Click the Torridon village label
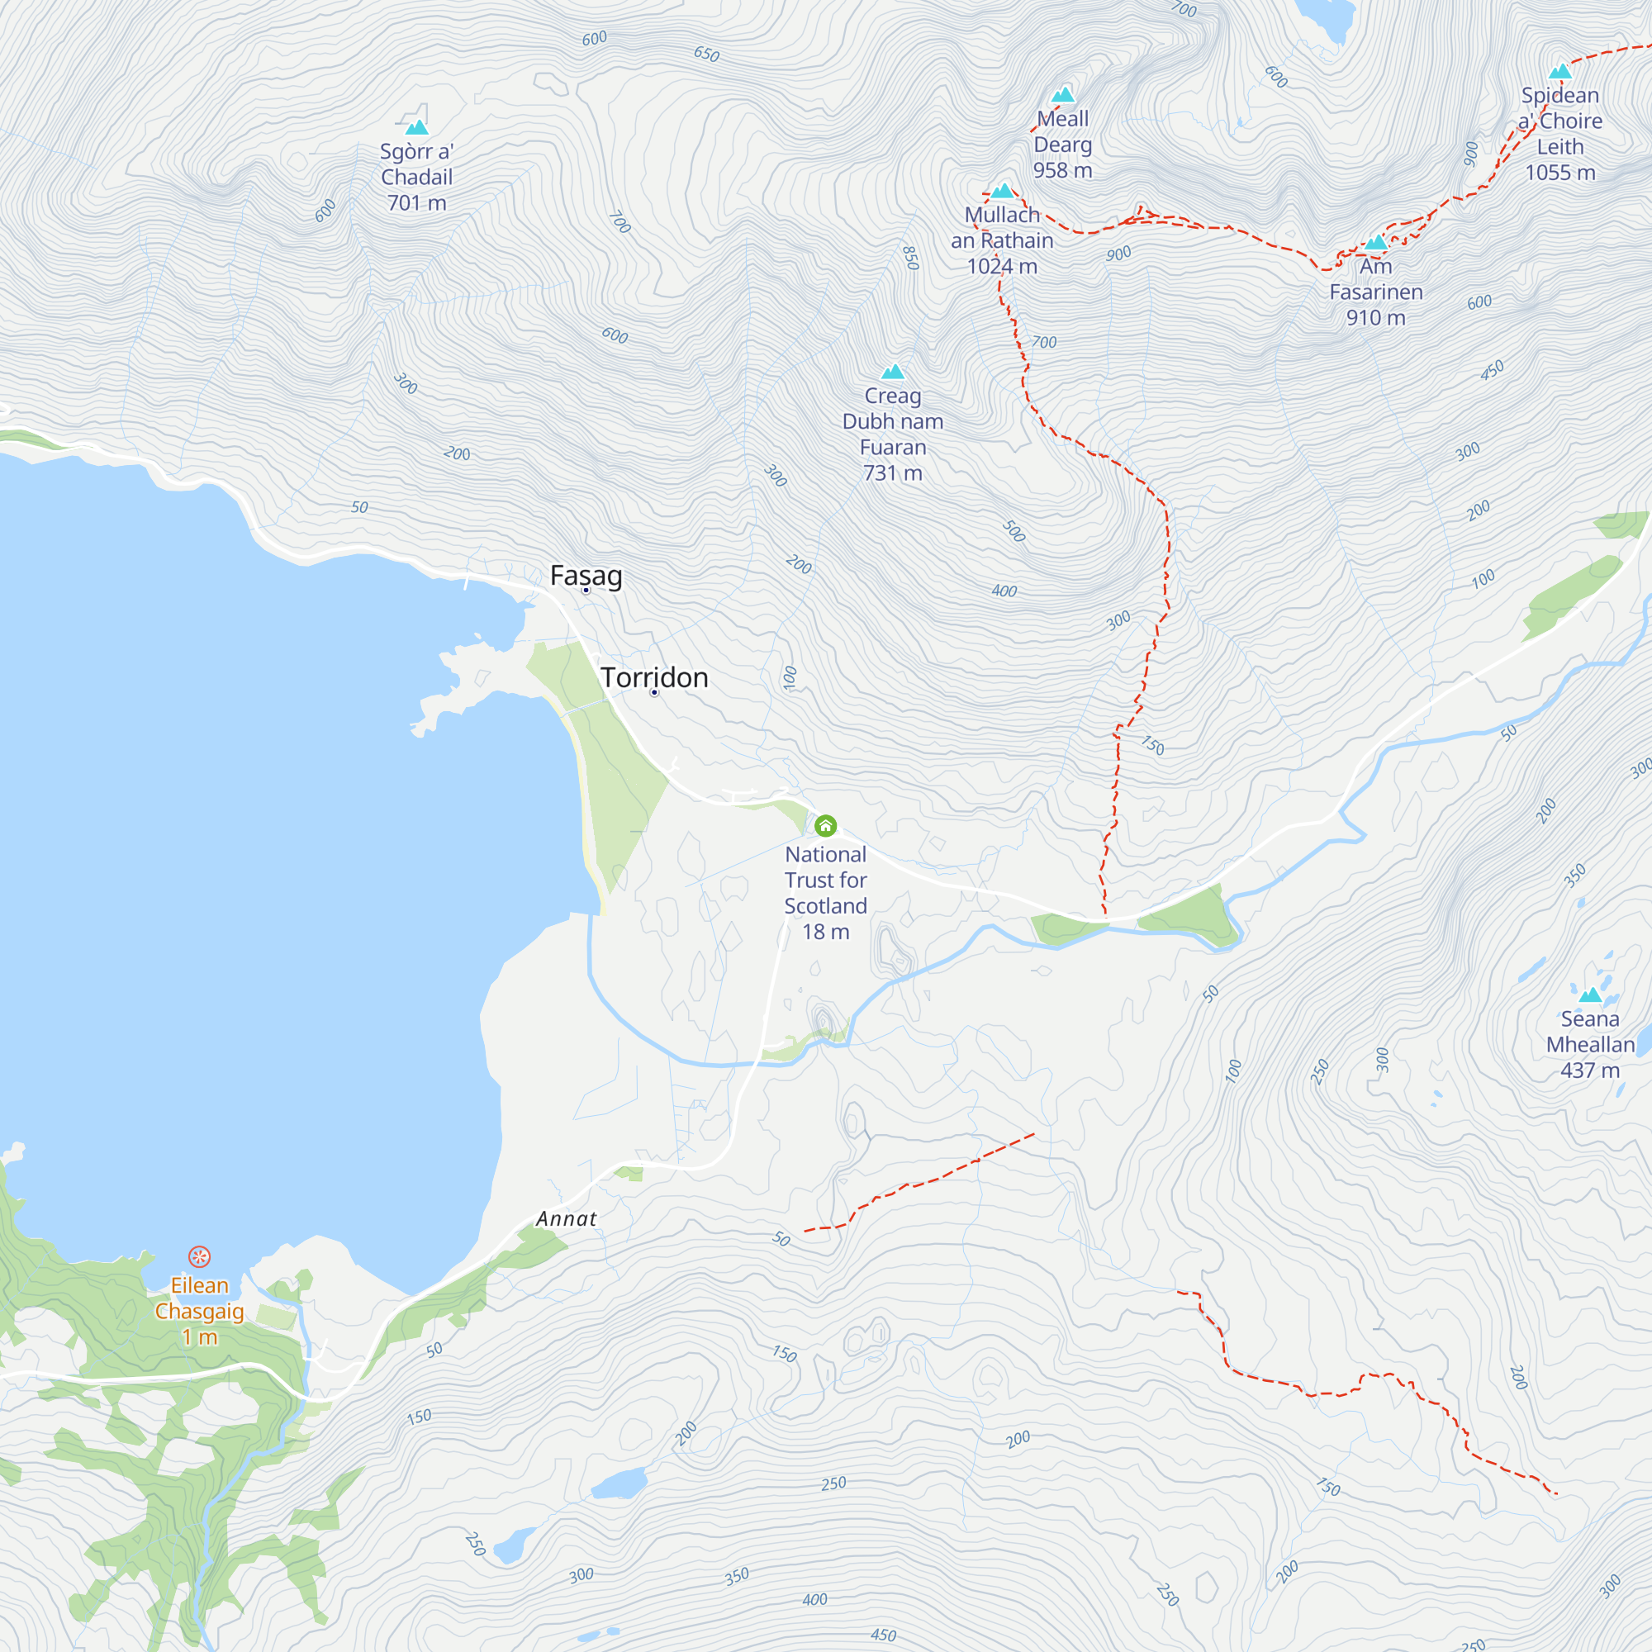(654, 677)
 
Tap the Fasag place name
(586, 576)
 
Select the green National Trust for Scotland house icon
(825, 825)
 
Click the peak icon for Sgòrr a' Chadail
(416, 127)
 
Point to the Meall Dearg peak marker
(1063, 94)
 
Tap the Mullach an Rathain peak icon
(1002, 190)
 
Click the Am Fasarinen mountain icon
(1376, 242)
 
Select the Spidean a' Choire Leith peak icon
(1560, 71)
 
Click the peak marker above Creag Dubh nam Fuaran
(893, 371)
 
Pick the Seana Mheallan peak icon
(1589, 995)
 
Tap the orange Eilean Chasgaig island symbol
(199, 1256)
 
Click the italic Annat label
(566, 1218)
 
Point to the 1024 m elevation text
(1002, 267)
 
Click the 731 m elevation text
(893, 472)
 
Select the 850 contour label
(910, 258)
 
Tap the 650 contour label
(706, 54)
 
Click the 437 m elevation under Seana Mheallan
(1589, 1070)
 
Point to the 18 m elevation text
(825, 932)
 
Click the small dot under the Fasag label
(586, 590)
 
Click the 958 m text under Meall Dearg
(1063, 170)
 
